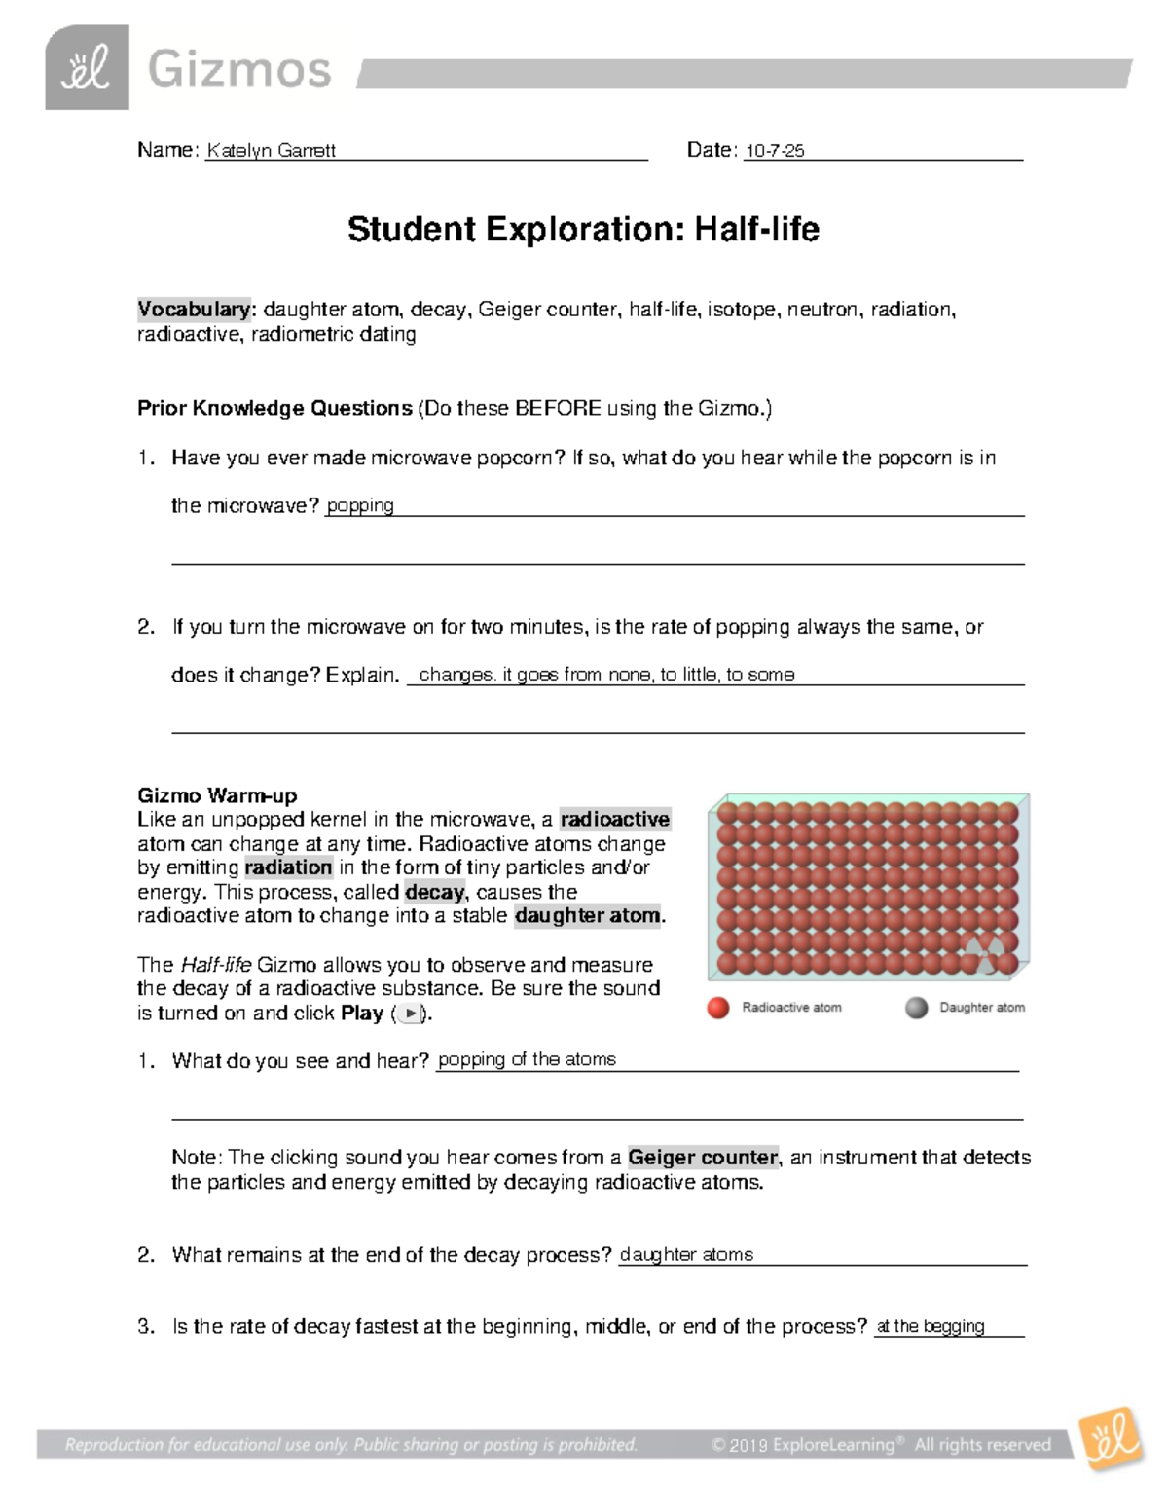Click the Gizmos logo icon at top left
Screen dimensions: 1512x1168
(x=87, y=67)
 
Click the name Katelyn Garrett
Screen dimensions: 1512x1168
(x=271, y=151)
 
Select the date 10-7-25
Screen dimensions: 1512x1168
(x=775, y=151)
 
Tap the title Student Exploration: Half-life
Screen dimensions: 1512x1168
(x=583, y=230)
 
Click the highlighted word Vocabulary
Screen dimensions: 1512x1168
(x=194, y=310)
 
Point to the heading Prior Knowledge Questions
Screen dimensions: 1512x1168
(x=274, y=408)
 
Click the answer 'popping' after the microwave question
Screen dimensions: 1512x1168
(x=360, y=505)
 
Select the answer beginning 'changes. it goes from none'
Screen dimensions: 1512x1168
(x=605, y=675)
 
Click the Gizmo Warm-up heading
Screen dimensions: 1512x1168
(x=217, y=795)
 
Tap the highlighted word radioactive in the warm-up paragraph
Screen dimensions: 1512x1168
(x=615, y=820)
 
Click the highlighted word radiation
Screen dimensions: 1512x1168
(x=288, y=867)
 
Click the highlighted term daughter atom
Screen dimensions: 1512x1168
(x=588, y=916)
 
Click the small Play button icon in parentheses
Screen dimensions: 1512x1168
(x=411, y=1014)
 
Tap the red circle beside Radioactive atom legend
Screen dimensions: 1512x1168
(x=718, y=1008)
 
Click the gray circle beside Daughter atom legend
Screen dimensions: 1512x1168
(x=916, y=1008)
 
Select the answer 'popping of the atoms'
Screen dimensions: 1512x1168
(x=527, y=1060)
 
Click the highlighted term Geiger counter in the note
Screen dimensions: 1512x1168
(x=703, y=1158)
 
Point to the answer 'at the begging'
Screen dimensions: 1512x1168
(x=931, y=1326)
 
